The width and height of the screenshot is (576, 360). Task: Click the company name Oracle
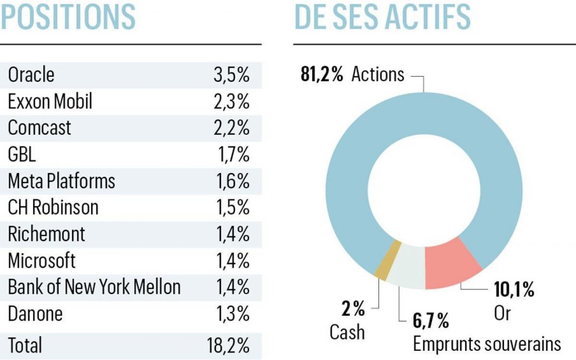tap(31, 75)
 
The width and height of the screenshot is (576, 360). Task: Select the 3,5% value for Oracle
tap(231, 75)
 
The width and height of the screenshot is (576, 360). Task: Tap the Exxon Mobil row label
tap(50, 101)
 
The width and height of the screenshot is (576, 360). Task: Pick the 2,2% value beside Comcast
tap(231, 128)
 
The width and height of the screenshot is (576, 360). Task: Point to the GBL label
tap(23, 155)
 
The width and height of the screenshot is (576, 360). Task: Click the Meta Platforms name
tap(61, 181)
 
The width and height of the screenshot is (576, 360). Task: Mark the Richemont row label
tap(46, 235)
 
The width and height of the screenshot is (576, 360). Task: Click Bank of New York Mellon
tap(94, 287)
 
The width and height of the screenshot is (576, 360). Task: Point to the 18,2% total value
tap(228, 346)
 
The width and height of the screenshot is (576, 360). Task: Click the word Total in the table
tap(25, 346)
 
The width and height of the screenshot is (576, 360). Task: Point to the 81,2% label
tap(322, 75)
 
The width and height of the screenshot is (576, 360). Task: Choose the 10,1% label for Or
tap(514, 291)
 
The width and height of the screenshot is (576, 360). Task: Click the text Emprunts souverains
tap(486, 344)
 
